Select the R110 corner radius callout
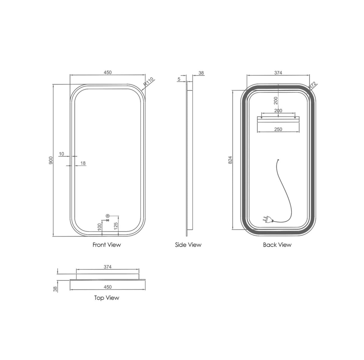(x=149, y=82)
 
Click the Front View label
(x=106, y=245)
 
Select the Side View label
(x=188, y=245)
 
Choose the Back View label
(x=277, y=245)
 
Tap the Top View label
(x=106, y=298)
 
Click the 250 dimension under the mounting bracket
(x=278, y=129)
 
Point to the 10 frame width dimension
(x=61, y=154)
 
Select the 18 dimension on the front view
(x=83, y=163)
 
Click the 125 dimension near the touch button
(x=115, y=226)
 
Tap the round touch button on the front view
(x=107, y=216)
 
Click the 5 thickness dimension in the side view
(x=179, y=79)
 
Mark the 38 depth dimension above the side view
(x=201, y=73)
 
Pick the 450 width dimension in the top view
(x=107, y=287)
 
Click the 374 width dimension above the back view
(x=278, y=72)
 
